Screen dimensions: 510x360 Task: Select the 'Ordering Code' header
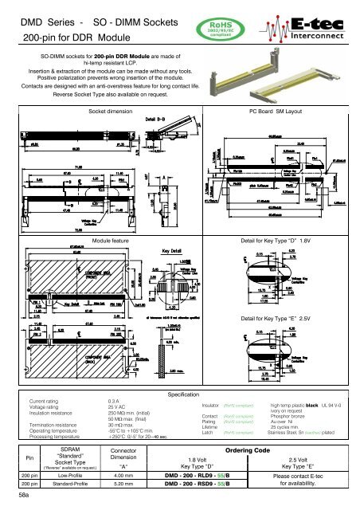[x=252, y=451]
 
